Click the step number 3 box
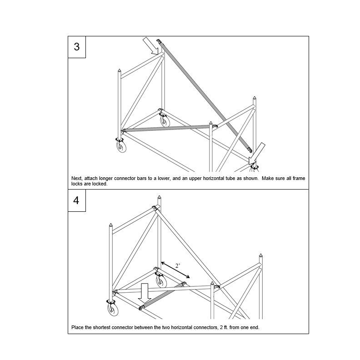76,47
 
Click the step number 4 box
76,200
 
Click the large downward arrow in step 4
145,293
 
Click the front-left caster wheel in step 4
111,310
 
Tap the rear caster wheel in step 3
164,120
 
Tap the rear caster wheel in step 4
160,281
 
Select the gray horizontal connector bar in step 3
168,128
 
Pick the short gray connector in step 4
163,296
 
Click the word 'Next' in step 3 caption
77,179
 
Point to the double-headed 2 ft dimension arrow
175,270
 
